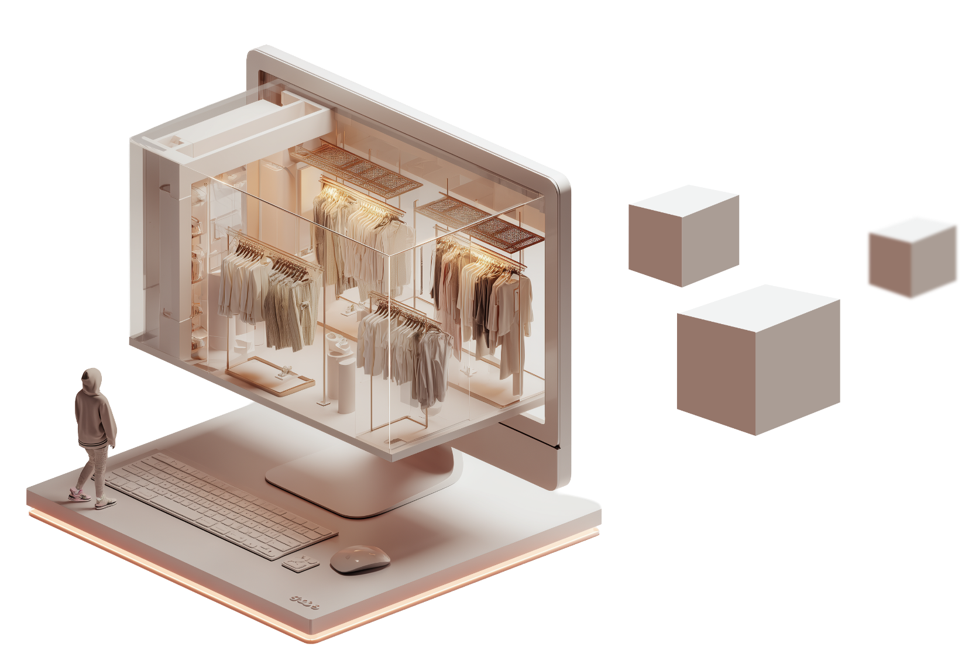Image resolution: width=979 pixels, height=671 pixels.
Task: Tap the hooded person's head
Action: [x=91, y=381]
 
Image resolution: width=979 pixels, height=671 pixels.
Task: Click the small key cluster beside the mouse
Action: [x=300, y=562]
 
